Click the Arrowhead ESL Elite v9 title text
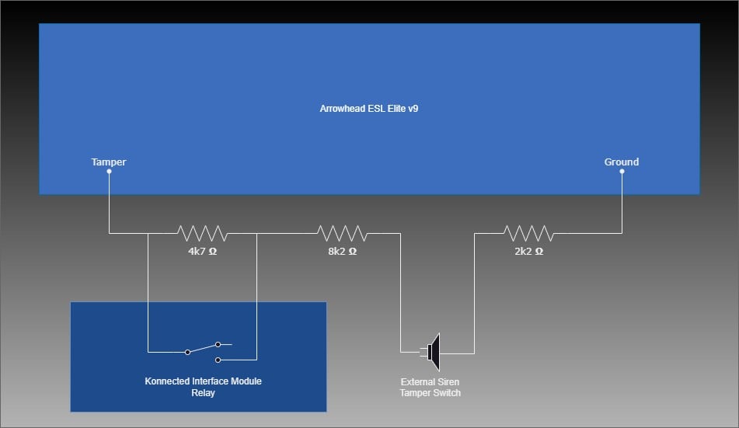coord(369,109)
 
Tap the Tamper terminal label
coord(108,162)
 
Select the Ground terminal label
coord(622,162)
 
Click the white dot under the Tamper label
coord(109,172)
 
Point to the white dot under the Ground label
coord(622,172)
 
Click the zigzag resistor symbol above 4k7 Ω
coord(202,233)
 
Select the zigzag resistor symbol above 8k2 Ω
coord(342,233)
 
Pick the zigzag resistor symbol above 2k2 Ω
coord(528,233)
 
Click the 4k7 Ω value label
coord(203,251)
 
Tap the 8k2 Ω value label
coord(343,251)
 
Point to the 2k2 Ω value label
coord(528,251)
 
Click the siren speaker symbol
coord(433,352)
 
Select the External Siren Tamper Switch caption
coord(431,388)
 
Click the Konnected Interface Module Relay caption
coord(203,387)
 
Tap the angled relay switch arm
coord(203,348)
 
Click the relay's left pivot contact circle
coord(187,352)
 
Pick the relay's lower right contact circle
coord(218,360)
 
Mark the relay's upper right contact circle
coord(218,345)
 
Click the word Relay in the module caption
coord(203,392)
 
